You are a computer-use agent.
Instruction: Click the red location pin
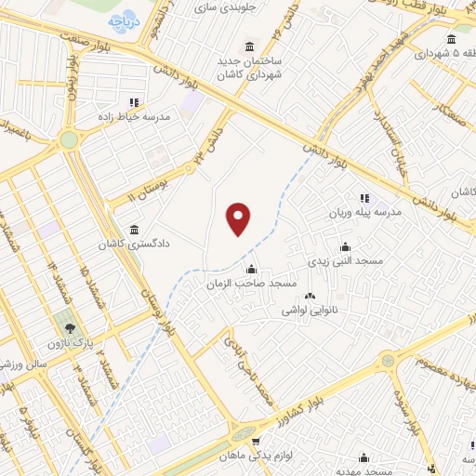(240, 219)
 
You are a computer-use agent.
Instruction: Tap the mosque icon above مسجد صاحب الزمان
(250, 269)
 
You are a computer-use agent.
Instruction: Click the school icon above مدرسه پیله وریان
(364, 198)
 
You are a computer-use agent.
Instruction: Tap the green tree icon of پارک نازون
(67, 328)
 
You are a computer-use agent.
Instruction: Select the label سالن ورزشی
(36, 364)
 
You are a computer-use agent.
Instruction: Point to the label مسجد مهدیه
(364, 470)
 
